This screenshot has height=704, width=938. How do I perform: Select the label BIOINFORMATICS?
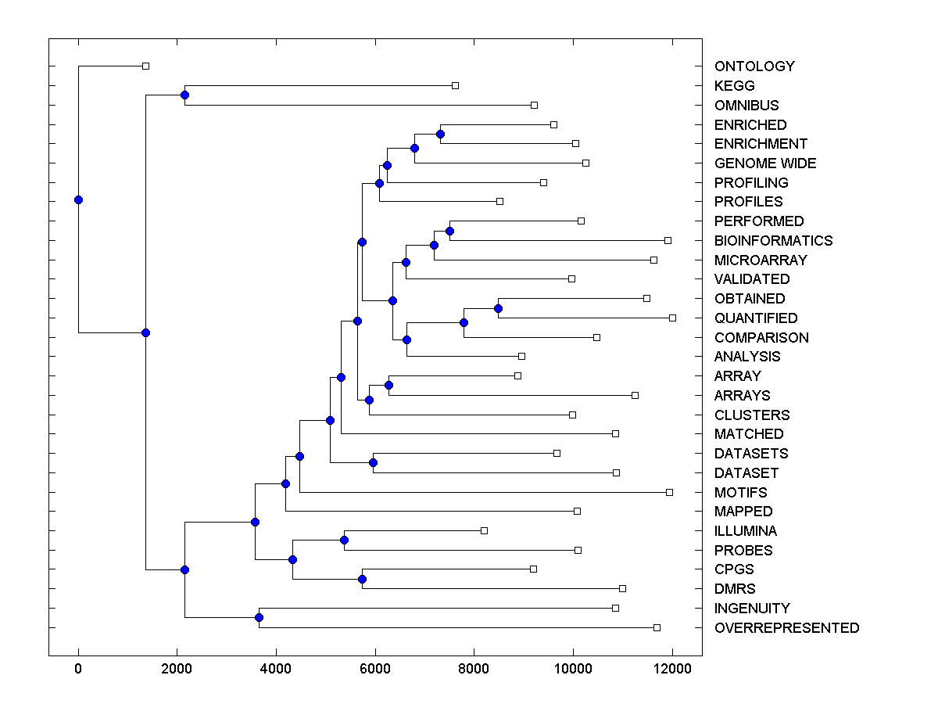pyautogui.click(x=773, y=241)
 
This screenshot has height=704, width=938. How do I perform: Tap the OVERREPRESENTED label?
pyautogui.click(x=786, y=628)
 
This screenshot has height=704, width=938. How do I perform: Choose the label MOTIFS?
pyautogui.click(x=740, y=493)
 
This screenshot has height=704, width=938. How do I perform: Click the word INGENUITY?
pyautogui.click(x=752, y=609)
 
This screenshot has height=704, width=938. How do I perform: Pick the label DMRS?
pyautogui.click(x=735, y=589)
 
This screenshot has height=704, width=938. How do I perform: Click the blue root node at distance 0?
pyautogui.click(x=78, y=199)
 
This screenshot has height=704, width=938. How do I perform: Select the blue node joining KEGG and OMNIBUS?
pyautogui.click(x=184, y=95)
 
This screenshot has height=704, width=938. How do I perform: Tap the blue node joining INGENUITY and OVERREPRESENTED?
pyautogui.click(x=259, y=618)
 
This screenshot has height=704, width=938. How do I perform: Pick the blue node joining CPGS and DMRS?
pyautogui.click(x=362, y=579)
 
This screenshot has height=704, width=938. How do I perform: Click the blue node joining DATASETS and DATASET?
pyautogui.click(x=373, y=463)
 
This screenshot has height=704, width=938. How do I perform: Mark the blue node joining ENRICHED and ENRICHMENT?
pyautogui.click(x=440, y=135)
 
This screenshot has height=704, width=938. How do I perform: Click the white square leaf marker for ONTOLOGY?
pyautogui.click(x=145, y=66)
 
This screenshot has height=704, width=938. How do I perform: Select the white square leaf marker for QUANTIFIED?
pyautogui.click(x=672, y=318)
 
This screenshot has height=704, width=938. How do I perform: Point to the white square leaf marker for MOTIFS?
pyautogui.click(x=669, y=492)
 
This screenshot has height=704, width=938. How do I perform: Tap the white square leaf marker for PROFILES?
pyautogui.click(x=499, y=202)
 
